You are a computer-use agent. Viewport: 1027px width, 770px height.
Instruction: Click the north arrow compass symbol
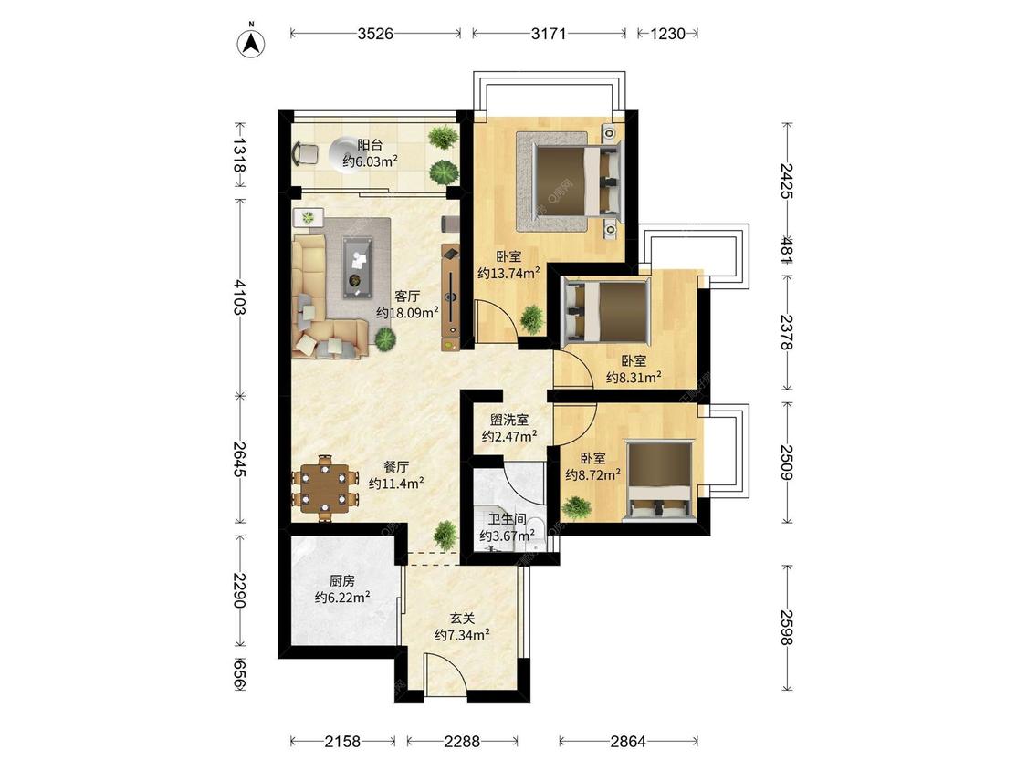(x=250, y=43)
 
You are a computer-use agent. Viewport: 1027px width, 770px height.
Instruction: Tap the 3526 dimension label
(x=375, y=34)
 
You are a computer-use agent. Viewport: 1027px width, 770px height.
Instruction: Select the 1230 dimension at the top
(x=667, y=34)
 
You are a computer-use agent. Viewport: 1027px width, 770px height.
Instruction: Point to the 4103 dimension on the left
(x=238, y=297)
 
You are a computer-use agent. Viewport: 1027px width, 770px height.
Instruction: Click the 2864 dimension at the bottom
(x=628, y=741)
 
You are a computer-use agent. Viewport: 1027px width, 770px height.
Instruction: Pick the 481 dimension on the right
(x=786, y=249)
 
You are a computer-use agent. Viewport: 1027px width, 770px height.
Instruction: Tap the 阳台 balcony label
(x=370, y=145)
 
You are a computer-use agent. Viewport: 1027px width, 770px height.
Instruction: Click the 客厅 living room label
(x=407, y=296)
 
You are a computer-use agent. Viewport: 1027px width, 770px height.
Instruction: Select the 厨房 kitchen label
(x=342, y=581)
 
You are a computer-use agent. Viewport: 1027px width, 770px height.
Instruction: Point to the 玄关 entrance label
(x=463, y=618)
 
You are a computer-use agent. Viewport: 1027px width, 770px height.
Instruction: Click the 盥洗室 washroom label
(x=508, y=420)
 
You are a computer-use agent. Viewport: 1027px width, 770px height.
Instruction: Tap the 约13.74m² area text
(x=508, y=273)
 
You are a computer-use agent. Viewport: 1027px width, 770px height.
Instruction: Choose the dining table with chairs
(x=326, y=488)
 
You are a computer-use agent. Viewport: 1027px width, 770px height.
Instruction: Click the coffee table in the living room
(x=358, y=267)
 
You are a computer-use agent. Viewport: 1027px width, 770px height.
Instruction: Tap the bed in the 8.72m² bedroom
(x=659, y=480)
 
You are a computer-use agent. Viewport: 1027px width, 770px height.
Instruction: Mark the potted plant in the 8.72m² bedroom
(x=576, y=508)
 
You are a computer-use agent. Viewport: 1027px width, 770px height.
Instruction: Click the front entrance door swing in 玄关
(x=445, y=674)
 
